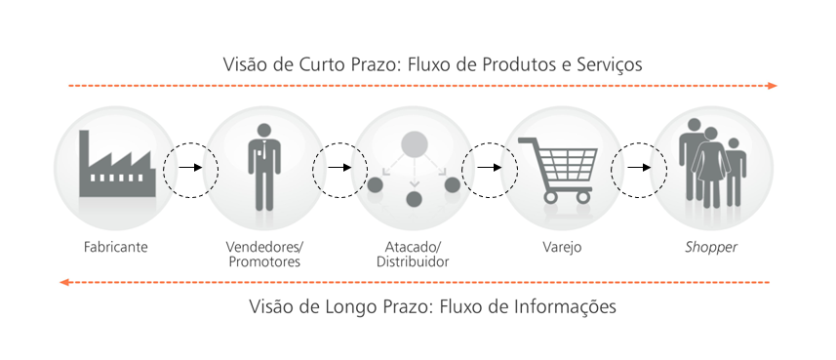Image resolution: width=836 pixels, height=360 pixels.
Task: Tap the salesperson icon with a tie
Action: point(263,166)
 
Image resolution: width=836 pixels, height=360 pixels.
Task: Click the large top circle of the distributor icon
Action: point(415,144)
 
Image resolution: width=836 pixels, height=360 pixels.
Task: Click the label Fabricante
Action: point(115,248)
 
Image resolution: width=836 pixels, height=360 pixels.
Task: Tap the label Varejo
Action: point(562,248)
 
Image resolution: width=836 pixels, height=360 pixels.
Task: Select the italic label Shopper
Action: point(710,248)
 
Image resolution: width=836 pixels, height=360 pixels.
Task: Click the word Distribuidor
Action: point(413,262)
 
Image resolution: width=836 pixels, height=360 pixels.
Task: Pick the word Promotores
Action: point(264,262)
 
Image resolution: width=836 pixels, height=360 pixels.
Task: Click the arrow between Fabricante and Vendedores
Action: point(191,168)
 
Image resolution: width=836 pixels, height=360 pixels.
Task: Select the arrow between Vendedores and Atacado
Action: point(339,168)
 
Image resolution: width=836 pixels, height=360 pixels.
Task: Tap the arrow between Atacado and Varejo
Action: point(489,168)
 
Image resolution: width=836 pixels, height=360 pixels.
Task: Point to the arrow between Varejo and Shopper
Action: point(639,168)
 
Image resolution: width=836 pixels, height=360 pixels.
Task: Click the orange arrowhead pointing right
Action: point(772,86)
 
